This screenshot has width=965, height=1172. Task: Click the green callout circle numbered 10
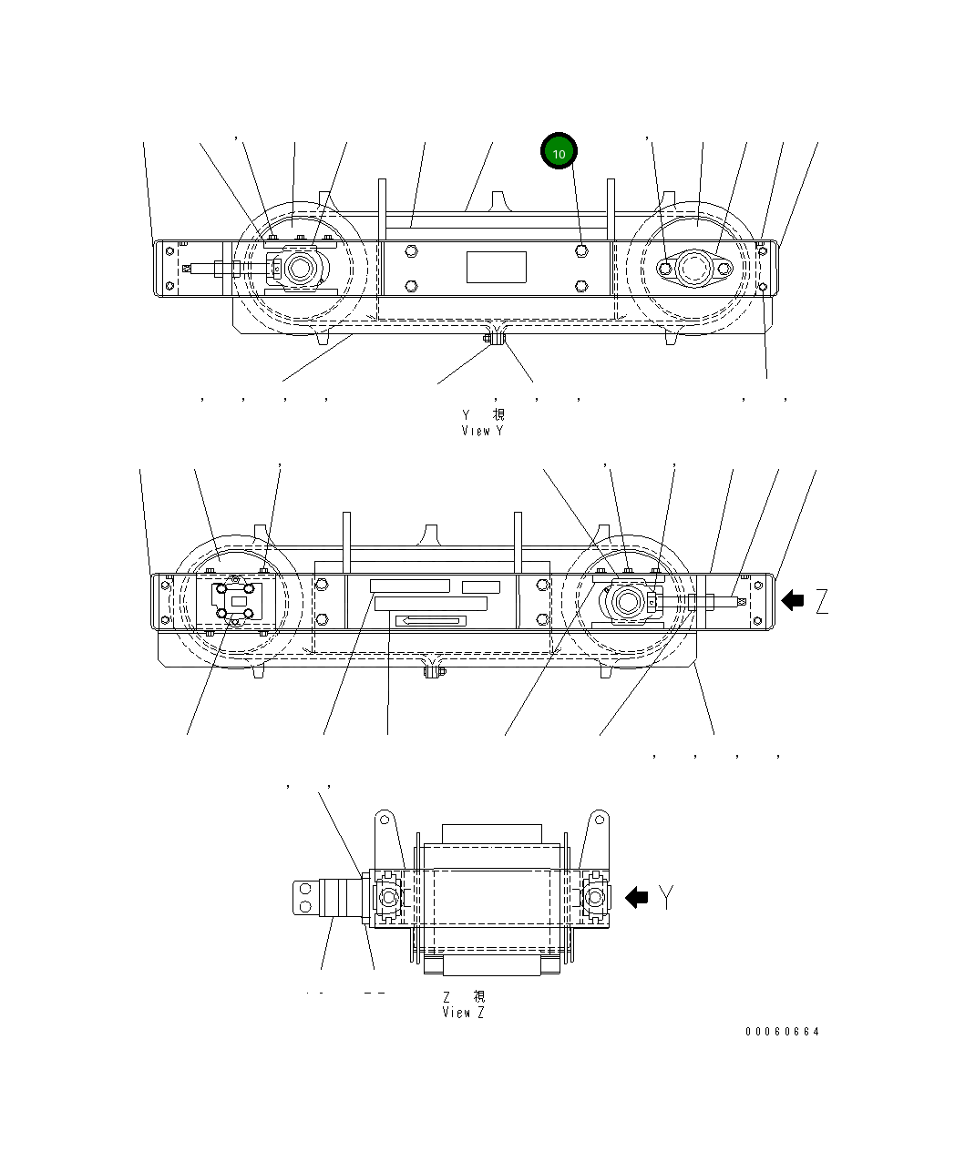tap(559, 153)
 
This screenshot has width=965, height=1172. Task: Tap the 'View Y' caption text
tap(482, 431)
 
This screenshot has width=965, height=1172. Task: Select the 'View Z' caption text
tap(463, 1013)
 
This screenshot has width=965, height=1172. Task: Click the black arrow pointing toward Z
tap(793, 600)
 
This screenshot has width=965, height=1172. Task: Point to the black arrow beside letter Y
tap(636, 897)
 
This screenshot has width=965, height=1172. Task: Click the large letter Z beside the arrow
tap(822, 601)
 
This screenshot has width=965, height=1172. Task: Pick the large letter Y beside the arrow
tap(668, 897)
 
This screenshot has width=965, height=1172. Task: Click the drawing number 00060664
tap(782, 1032)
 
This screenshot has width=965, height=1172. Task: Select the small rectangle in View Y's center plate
tap(497, 268)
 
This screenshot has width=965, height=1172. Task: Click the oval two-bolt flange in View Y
tap(695, 269)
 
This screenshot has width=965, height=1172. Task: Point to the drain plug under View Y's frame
tap(498, 340)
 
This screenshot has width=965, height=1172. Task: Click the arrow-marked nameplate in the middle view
tap(430, 621)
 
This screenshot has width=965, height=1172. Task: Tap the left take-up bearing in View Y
tap(298, 269)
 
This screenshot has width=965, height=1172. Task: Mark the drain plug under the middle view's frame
tap(435, 672)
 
